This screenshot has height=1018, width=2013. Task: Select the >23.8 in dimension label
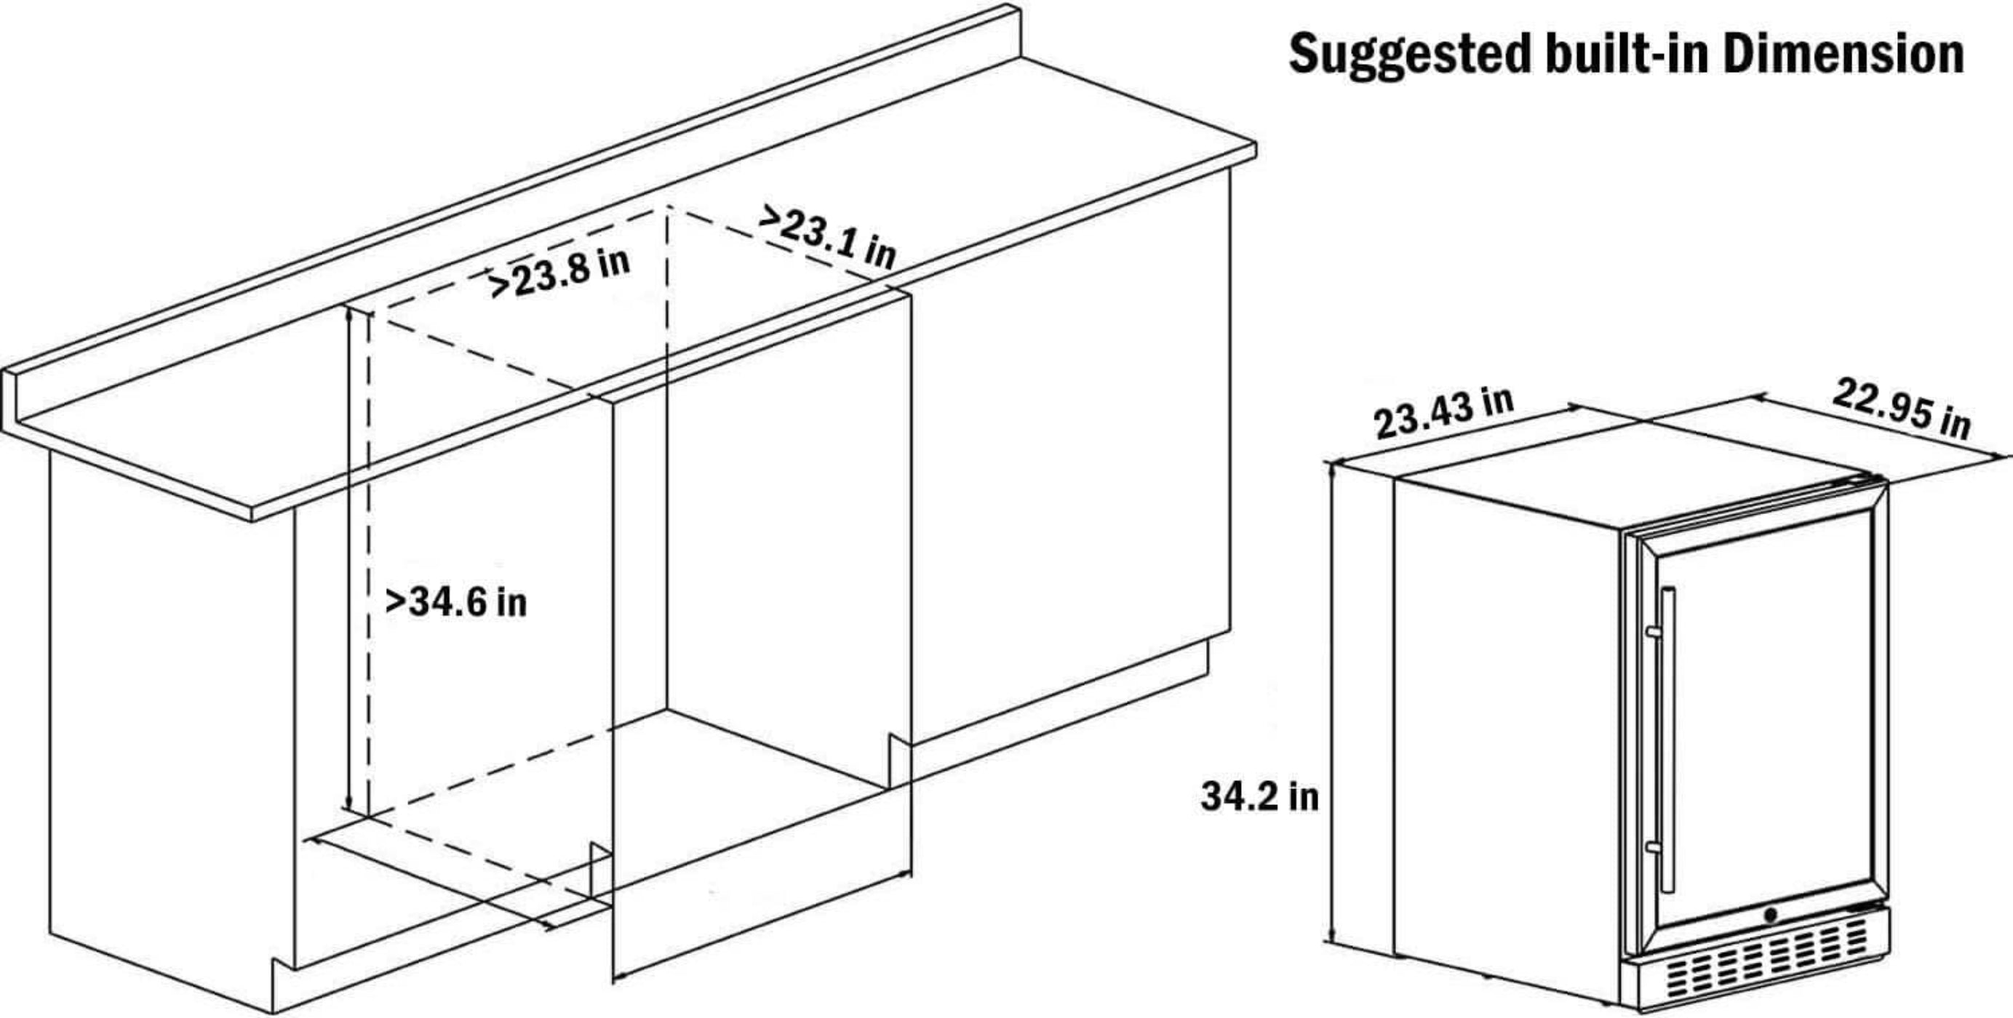coord(558,273)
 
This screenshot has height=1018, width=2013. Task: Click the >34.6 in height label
coord(456,601)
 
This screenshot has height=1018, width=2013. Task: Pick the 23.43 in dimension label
coord(1443,413)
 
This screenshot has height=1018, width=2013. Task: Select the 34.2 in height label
coord(1260,796)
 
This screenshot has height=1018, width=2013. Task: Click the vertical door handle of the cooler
coord(1667,740)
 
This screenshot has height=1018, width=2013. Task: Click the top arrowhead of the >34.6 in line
coord(349,314)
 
